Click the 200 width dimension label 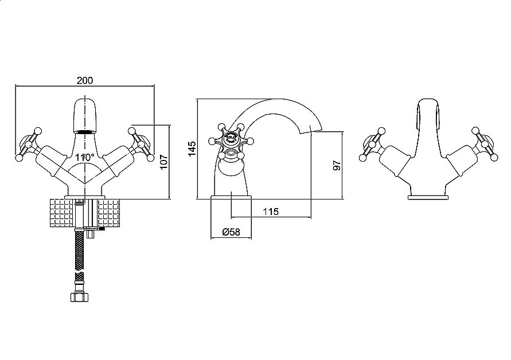pos(85,80)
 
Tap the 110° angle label pos(85,158)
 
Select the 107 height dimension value pos(163,161)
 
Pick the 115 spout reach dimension pos(271,212)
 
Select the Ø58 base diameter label pos(231,232)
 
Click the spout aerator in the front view pos(85,132)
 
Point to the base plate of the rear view pos(427,197)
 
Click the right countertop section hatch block pos(108,214)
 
